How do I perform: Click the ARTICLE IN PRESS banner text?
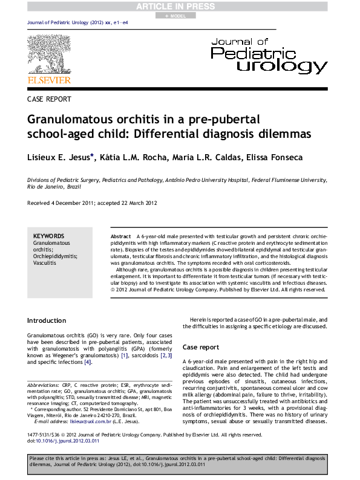180,6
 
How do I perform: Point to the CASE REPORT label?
49,99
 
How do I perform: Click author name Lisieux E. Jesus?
57,157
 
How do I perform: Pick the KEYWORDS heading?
48,236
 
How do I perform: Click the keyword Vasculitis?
45,263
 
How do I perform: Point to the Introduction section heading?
47,320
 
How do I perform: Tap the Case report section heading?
200,348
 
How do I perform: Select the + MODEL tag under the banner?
180,16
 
